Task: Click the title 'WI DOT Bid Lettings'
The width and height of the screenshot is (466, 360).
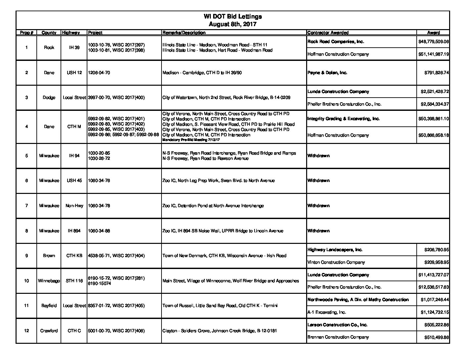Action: point(233,17)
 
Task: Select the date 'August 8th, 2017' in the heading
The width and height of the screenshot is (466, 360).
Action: point(233,24)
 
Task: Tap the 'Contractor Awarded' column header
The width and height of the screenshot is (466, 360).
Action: point(328,32)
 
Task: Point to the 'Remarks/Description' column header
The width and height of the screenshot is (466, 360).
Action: point(184,32)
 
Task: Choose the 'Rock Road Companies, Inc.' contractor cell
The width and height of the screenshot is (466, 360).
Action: point(336,42)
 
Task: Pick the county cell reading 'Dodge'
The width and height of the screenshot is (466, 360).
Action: point(49,98)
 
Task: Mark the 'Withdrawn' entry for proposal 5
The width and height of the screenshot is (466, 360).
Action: point(318,156)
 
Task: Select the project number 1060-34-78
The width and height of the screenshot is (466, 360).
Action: point(99,205)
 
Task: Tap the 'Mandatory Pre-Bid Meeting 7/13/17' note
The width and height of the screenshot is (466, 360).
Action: point(191,140)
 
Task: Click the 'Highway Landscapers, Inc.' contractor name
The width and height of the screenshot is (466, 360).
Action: point(335,250)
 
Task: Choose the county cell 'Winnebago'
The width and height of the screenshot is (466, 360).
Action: point(49,281)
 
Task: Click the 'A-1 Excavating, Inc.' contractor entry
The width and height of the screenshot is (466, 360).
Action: point(327,312)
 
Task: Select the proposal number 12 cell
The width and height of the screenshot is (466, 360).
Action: point(26,331)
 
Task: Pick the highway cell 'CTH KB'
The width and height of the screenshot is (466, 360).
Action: point(74,256)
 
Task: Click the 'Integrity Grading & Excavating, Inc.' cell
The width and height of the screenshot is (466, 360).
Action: point(344,118)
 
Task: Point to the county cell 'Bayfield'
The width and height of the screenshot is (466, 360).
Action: point(49,306)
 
